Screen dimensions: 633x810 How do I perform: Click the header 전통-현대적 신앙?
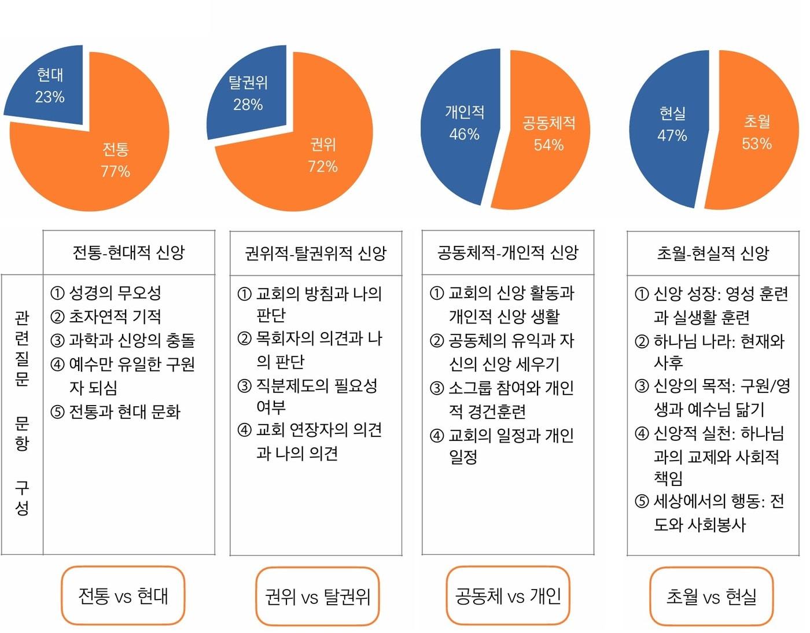point(128,253)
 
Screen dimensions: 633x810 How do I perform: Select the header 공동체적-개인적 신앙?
point(507,253)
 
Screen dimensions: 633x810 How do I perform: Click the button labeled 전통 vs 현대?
point(123,595)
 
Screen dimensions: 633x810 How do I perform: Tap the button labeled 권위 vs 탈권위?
point(317,596)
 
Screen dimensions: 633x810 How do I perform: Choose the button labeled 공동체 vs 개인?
point(507,595)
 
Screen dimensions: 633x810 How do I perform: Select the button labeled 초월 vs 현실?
point(711,596)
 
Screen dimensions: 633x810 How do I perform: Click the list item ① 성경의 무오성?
point(106,293)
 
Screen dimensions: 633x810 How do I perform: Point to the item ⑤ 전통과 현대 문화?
point(116,411)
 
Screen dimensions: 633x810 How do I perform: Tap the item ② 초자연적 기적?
point(106,316)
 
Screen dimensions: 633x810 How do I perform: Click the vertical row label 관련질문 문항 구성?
point(22,413)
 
